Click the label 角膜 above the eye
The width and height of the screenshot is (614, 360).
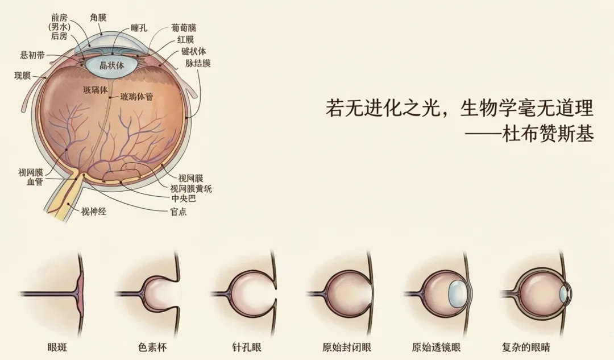(x=98, y=18)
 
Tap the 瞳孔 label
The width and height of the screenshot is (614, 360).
(x=139, y=27)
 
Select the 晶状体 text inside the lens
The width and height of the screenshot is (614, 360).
(x=111, y=65)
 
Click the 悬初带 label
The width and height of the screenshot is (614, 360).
(x=33, y=55)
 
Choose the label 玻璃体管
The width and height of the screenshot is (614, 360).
(x=137, y=97)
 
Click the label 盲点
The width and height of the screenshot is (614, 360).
(x=178, y=212)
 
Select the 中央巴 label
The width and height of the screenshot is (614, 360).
(x=184, y=199)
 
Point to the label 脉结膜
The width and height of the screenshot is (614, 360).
(x=197, y=63)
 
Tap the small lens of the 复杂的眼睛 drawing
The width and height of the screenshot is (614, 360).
(x=563, y=293)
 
